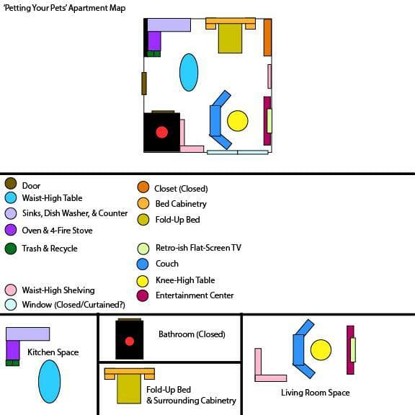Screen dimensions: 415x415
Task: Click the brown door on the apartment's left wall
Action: coord(143,84)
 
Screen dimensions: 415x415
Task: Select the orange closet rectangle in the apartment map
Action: coord(267,37)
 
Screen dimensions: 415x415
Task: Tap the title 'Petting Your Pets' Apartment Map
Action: coord(64,8)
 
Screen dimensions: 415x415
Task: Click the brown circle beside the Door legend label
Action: coord(11,184)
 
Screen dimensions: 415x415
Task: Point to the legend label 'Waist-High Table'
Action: coord(52,198)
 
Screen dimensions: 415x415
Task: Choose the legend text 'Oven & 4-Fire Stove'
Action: coord(57,231)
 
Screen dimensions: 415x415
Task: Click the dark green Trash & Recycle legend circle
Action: coord(11,249)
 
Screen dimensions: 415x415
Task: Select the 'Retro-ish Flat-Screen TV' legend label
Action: coord(198,248)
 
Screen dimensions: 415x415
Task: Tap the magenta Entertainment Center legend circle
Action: coord(143,295)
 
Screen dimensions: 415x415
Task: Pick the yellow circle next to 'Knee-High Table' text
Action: coord(143,281)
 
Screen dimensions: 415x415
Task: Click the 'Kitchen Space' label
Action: coord(53,352)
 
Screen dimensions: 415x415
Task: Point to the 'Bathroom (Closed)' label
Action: coord(192,334)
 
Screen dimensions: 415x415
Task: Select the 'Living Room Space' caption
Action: coord(316,393)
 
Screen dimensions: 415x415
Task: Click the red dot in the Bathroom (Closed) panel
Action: coord(130,342)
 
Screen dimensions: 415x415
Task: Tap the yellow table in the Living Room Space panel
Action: coord(321,350)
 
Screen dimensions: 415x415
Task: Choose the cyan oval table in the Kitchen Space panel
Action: coord(50,381)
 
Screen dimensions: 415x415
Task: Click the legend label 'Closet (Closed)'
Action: coord(181,189)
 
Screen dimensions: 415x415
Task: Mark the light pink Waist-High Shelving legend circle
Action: coord(11,290)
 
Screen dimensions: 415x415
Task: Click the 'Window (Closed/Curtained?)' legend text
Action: coord(73,305)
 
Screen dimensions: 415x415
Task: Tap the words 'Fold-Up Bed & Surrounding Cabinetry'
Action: coord(191,395)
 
